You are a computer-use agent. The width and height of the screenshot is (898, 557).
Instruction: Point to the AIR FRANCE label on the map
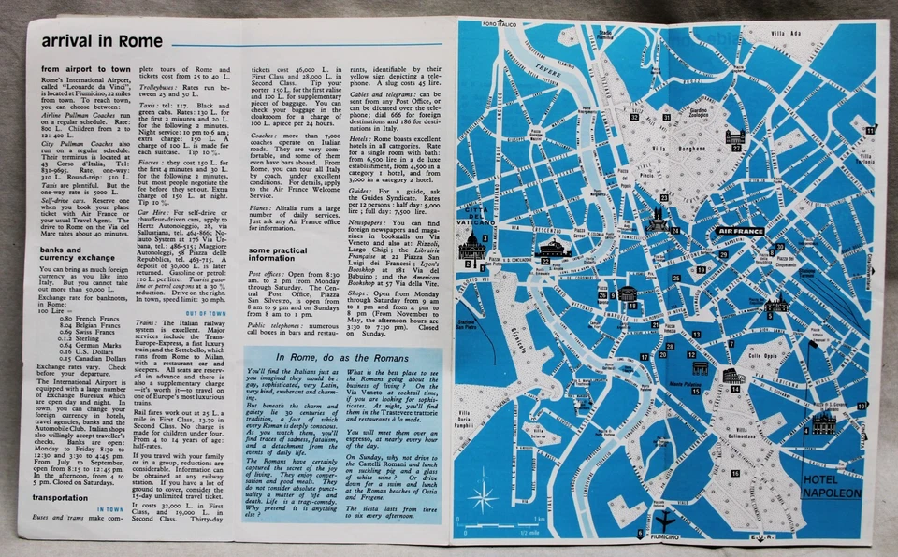(738, 230)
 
